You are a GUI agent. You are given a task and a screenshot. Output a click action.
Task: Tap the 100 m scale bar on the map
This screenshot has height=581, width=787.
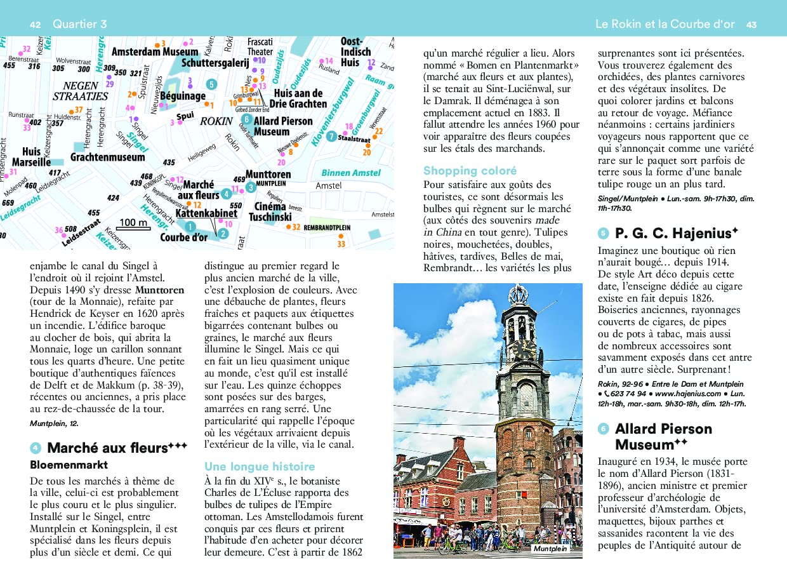pyautogui.click(x=134, y=224)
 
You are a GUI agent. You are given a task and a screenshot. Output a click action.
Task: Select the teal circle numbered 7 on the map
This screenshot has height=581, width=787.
pyautogui.click(x=331, y=137)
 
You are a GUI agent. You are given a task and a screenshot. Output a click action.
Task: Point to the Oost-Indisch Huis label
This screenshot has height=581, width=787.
pyautogui.click(x=355, y=52)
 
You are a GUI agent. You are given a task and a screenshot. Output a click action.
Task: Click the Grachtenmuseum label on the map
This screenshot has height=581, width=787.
pyautogui.click(x=108, y=156)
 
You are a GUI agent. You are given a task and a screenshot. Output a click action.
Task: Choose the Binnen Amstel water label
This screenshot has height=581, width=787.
pyautogui.click(x=350, y=173)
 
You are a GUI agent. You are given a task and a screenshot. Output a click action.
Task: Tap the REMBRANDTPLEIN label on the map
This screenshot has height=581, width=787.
pyautogui.click(x=327, y=227)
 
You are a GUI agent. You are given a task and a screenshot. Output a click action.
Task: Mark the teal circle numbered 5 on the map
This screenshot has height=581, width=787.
pyautogui.click(x=211, y=84)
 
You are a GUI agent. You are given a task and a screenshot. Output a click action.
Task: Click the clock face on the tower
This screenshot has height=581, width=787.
pyautogui.click(x=524, y=348)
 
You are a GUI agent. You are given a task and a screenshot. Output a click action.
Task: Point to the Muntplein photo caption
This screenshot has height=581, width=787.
pyautogui.click(x=550, y=548)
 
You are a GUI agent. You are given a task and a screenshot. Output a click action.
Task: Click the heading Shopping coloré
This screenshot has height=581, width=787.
pyautogui.click(x=470, y=170)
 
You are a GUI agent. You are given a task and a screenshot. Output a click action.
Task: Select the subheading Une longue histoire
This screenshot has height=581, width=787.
pyautogui.click(x=260, y=466)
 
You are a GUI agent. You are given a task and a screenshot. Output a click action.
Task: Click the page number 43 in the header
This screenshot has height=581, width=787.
pyautogui.click(x=751, y=24)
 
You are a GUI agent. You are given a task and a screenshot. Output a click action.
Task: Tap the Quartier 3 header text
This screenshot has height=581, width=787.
pyautogui.click(x=80, y=24)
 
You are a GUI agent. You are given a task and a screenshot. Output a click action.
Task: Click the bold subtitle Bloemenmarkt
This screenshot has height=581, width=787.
pyautogui.click(x=69, y=465)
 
